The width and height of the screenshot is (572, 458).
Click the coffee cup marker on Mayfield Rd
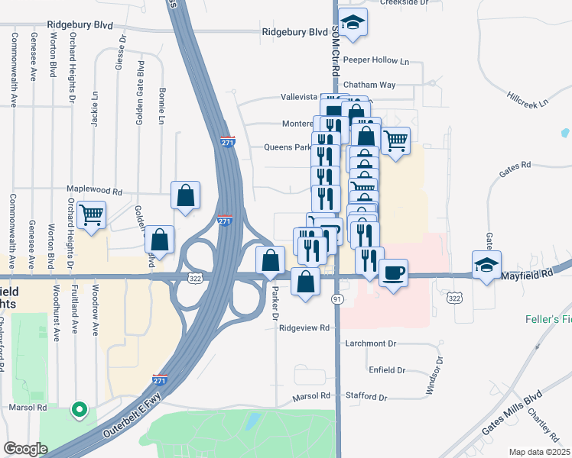[x=393, y=273]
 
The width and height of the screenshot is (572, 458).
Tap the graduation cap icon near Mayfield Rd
[x=486, y=265]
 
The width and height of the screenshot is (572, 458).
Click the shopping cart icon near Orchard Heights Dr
[x=92, y=215]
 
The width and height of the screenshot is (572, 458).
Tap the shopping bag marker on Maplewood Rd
[x=186, y=195]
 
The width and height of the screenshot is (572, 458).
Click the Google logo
[x=25, y=449]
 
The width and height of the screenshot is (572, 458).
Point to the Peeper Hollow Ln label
[x=376, y=60]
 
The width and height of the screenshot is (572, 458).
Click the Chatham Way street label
[x=369, y=85]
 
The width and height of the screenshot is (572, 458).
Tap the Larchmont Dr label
[x=371, y=343]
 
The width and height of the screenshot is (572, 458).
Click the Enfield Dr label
[x=386, y=369]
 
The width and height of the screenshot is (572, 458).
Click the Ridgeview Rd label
[x=304, y=327]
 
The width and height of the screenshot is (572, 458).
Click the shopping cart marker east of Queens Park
[x=395, y=140]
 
